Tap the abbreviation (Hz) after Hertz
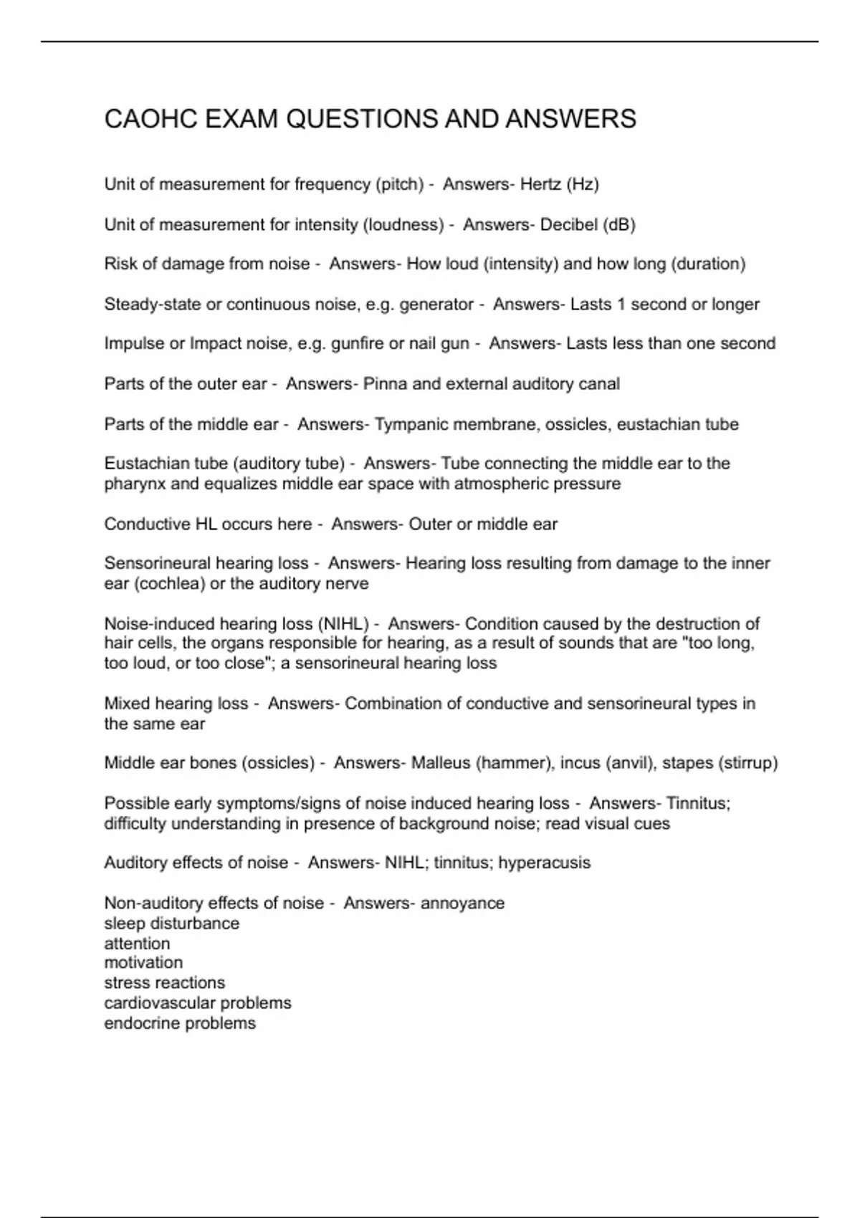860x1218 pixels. click(x=582, y=185)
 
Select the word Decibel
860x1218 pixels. click(x=568, y=225)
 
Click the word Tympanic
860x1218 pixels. click(x=408, y=425)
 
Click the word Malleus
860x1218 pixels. click(x=441, y=763)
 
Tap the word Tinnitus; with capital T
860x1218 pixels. click(x=698, y=804)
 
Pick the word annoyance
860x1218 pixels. click(x=462, y=903)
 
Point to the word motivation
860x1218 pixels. click(x=143, y=963)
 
